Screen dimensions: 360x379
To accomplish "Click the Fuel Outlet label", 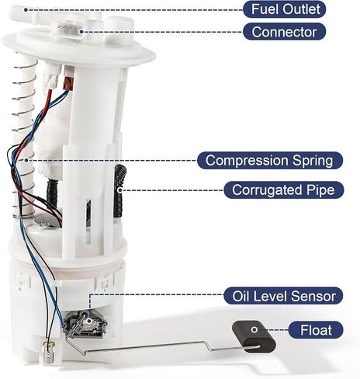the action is click(284, 9).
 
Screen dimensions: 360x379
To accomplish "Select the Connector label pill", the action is click(284, 32).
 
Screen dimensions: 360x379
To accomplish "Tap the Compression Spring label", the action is click(270, 161).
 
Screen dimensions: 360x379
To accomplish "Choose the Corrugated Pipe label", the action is click(283, 190).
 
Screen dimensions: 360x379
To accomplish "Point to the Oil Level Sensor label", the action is click(283, 296).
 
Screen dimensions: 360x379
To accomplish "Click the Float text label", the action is click(316, 330).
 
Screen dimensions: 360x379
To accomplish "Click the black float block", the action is click(254, 336).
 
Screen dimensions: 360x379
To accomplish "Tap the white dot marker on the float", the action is click(254, 329).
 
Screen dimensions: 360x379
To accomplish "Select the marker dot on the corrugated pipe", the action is click(119, 190).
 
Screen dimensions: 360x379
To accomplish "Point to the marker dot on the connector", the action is click(81, 32).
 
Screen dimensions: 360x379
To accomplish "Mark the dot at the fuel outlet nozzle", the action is click(26, 10).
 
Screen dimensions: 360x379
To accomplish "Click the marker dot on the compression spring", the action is click(26, 160).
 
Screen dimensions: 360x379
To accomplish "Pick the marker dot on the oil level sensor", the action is click(89, 322).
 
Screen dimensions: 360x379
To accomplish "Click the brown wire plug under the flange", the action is click(68, 82).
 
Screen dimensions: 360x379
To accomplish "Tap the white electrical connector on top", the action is click(67, 31).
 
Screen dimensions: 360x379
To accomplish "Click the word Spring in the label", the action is click(313, 161).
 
